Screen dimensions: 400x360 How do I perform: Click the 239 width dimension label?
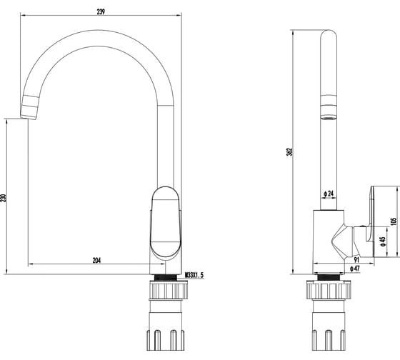coord(101,11)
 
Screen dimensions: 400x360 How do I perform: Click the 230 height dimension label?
coord(4,198)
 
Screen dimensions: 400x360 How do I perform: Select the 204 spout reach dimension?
coord(96,260)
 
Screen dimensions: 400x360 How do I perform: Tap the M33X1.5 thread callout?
coord(194,275)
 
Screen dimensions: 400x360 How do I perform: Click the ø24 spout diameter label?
coord(329,194)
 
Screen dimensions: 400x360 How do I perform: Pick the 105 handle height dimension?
coord(394,221)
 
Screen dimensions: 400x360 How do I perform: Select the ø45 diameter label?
coord(382,241)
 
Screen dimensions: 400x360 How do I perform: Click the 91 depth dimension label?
coord(356,260)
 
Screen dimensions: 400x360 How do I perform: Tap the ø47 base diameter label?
coord(354,269)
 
